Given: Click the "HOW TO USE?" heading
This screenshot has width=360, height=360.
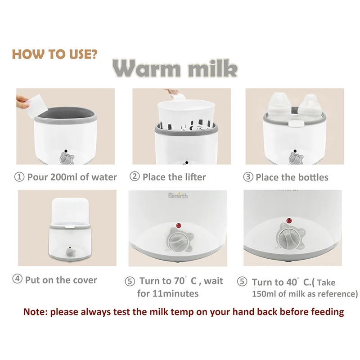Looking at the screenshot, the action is point(54,54).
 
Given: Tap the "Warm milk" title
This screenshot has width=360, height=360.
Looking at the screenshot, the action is point(175,68).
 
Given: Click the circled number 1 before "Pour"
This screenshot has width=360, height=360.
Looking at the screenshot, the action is point(19,177).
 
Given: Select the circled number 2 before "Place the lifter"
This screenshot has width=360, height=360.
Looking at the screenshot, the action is point(135,176).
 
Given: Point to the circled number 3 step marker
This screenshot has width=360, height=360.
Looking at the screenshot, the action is point(248,177).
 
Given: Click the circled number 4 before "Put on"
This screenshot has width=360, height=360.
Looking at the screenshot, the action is point(17,279).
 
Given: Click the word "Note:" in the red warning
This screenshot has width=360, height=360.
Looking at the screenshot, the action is point(36,312).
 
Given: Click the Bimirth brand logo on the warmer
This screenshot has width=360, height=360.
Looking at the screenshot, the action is point(178,195).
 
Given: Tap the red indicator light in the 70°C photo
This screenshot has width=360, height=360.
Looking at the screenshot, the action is point(178,225).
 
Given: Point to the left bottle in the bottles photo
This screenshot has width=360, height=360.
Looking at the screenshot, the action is point(280,106).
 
